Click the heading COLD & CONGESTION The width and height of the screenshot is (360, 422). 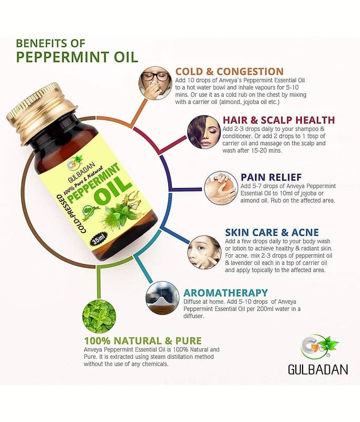[229, 71]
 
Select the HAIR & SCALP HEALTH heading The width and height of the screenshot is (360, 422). [279, 120]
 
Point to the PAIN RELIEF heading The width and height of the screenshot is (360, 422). [271, 177]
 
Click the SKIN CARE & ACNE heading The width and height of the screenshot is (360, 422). [272, 232]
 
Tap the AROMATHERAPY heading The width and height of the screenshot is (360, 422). [226, 293]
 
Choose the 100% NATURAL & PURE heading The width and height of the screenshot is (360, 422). [143, 340]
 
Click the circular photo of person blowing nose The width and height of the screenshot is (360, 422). [155, 83]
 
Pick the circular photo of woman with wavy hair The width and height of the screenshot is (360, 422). [204, 132]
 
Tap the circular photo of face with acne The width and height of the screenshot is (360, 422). [205, 252]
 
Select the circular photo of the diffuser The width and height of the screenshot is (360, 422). [162, 298]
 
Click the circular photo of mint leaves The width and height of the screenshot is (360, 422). [99, 316]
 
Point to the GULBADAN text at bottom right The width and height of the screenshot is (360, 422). [318, 369]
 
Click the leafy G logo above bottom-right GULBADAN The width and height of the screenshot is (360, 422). [319, 348]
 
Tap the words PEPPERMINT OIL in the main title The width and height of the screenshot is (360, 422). [77, 57]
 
